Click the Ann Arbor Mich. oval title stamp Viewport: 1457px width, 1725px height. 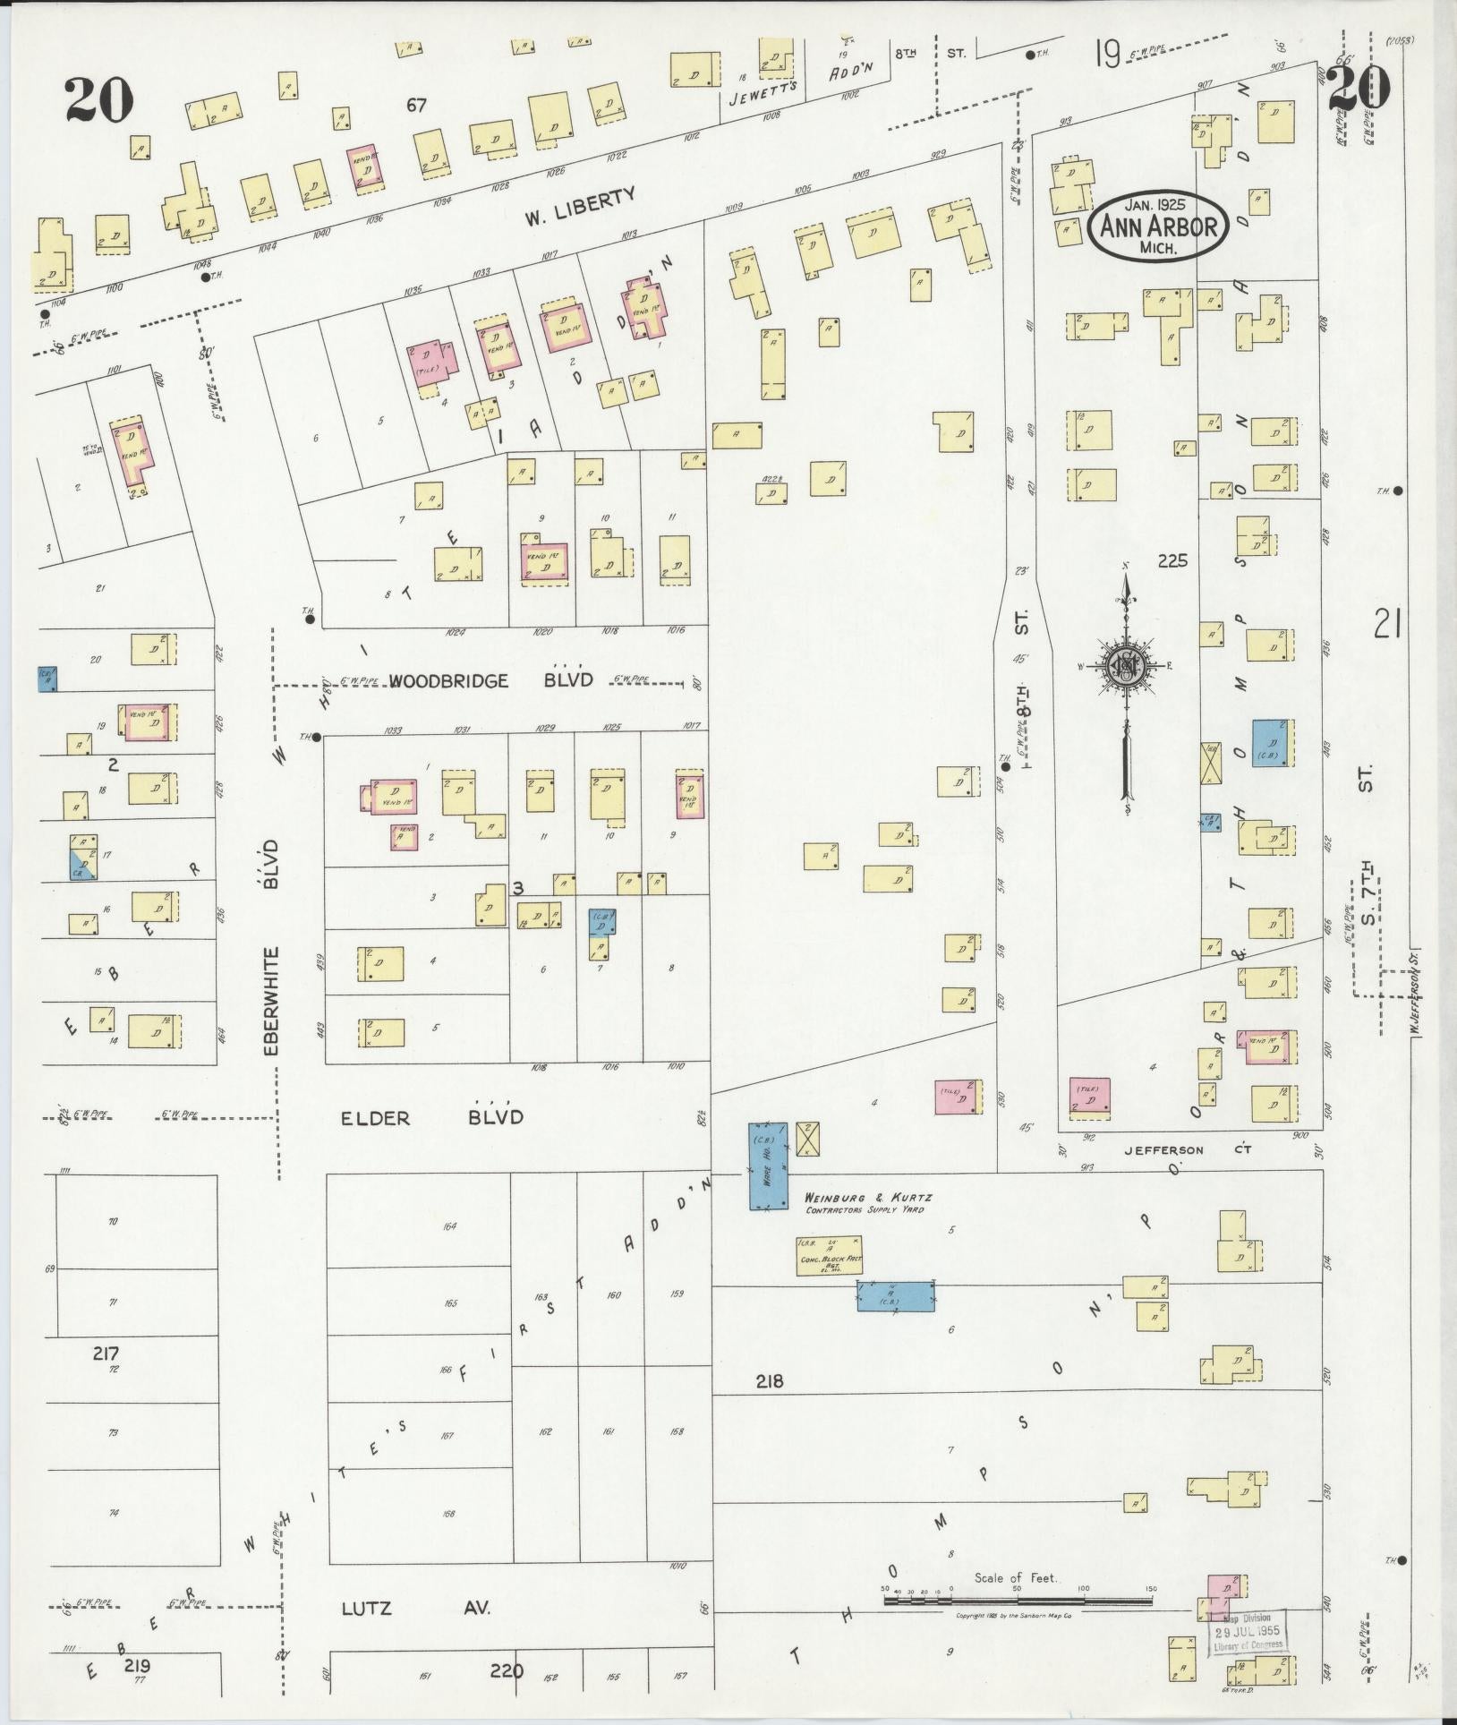(x=1158, y=226)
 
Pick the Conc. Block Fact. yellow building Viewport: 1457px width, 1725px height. (x=830, y=1255)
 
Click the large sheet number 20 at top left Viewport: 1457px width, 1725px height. (x=98, y=100)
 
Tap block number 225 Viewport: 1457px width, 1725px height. (x=1172, y=560)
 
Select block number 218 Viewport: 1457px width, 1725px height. (x=769, y=1381)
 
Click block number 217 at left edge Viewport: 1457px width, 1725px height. (x=106, y=1354)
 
